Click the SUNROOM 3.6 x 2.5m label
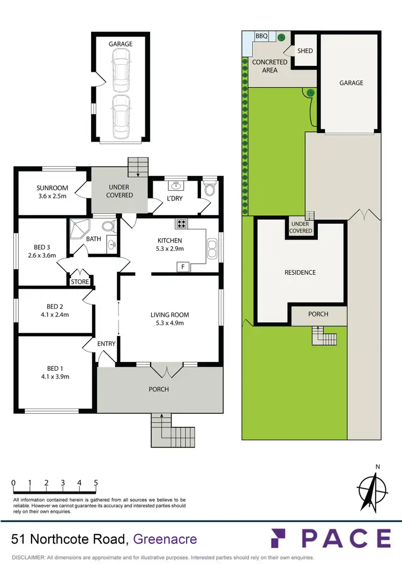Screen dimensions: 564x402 pyautogui.click(x=52, y=191)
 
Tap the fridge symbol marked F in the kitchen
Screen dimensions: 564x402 pyautogui.click(x=183, y=266)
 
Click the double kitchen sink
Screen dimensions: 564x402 pyautogui.click(x=212, y=250)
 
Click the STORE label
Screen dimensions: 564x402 pyautogui.click(x=80, y=281)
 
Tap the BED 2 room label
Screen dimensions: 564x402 pyautogui.click(x=53, y=311)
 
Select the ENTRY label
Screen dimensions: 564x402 pyautogui.click(x=106, y=344)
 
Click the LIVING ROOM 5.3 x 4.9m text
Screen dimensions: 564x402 pyautogui.click(x=169, y=318)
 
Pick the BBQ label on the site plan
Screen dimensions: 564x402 pyautogui.click(x=261, y=36)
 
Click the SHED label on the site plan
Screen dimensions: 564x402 pyautogui.click(x=305, y=51)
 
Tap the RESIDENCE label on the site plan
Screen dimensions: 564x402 pyautogui.click(x=300, y=272)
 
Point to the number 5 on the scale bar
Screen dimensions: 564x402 pyautogui.click(x=96, y=483)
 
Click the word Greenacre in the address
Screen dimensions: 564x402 pyautogui.click(x=165, y=539)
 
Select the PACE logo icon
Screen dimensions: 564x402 pyautogui.click(x=281, y=538)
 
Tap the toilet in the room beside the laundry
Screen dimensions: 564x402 pyautogui.click(x=210, y=189)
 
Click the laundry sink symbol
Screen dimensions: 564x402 pyautogui.click(x=175, y=186)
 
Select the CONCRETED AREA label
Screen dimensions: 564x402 pyautogui.click(x=270, y=66)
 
